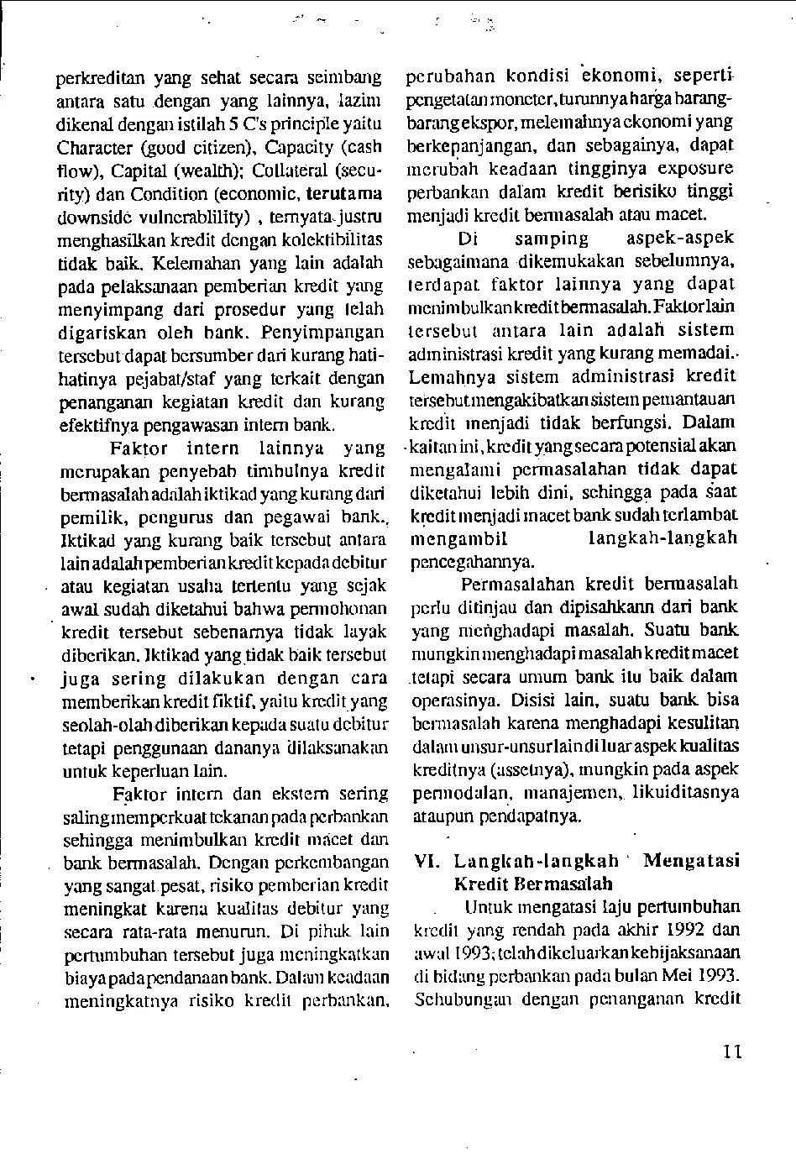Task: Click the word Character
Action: pos(95,149)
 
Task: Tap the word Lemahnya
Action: pos(452,376)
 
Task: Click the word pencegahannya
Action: pos(472,561)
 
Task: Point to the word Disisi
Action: pos(532,699)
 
